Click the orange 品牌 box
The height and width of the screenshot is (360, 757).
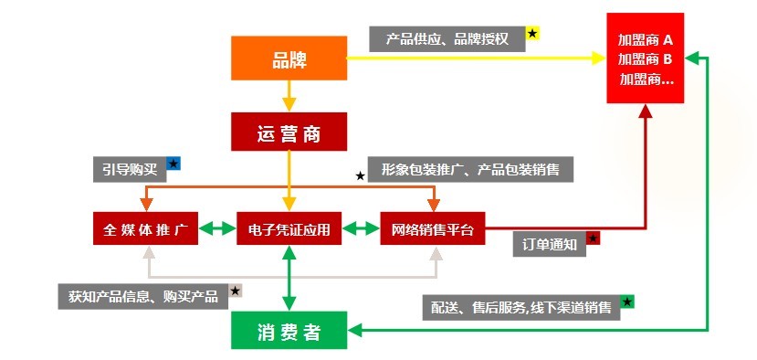pos(289,58)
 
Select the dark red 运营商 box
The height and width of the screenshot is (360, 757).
pos(289,132)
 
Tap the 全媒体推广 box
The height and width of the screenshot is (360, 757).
pos(145,228)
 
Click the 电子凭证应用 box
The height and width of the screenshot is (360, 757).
pos(289,228)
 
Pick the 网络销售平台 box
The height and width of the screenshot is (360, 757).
pos(433,228)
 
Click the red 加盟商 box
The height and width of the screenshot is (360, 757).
pos(646,58)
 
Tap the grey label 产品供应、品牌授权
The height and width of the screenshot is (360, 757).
pos(447,38)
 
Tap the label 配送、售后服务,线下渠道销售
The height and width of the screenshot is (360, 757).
pos(521,307)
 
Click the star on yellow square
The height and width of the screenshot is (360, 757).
pos(533,34)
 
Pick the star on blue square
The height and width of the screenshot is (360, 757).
pos(173,164)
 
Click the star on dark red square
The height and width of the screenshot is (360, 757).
pos(593,238)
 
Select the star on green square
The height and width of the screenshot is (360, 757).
pos(627,302)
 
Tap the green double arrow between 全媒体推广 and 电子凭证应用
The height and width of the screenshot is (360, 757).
pos(216,228)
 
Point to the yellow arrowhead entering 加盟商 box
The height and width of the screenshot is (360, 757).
pos(598,58)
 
